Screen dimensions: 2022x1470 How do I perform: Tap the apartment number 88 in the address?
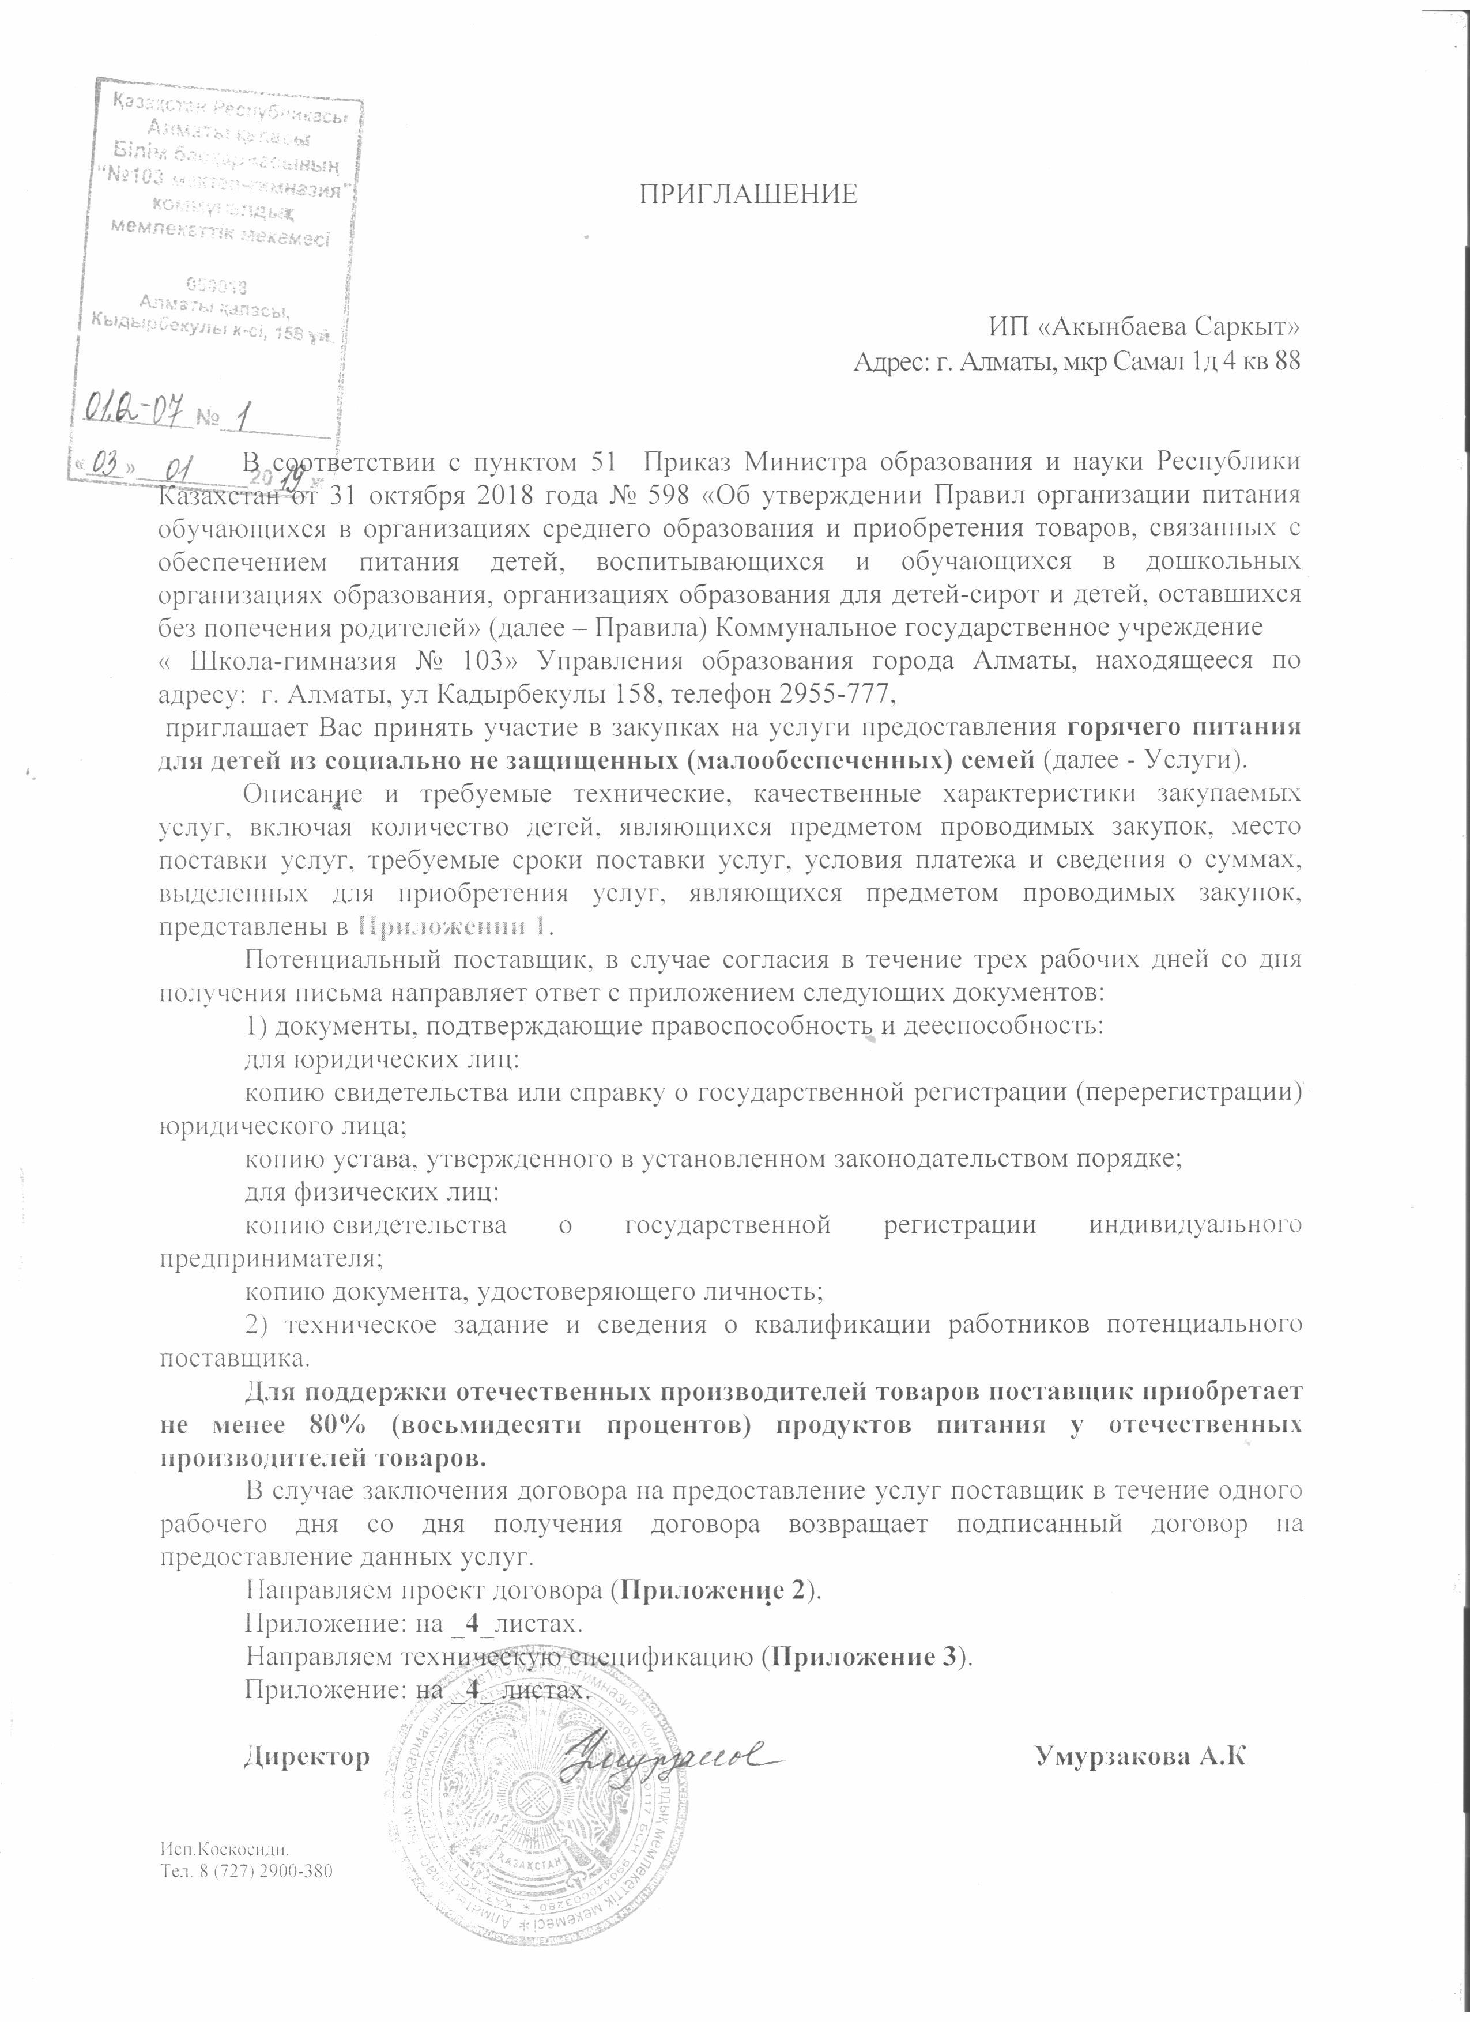[x=1287, y=362]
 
